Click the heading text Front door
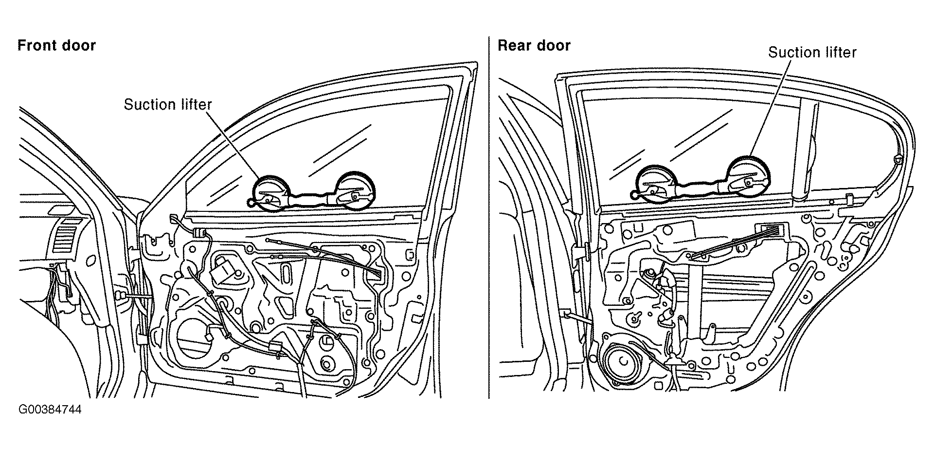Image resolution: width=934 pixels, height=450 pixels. click(56, 45)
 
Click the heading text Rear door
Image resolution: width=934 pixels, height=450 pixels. click(534, 45)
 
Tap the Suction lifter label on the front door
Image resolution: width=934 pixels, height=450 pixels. click(168, 105)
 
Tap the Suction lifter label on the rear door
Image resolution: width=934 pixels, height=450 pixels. click(812, 52)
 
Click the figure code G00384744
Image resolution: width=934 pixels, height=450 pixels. click(50, 409)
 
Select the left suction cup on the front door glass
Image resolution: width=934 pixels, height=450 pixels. click(274, 193)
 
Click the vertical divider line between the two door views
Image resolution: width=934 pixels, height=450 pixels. click(489, 217)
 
